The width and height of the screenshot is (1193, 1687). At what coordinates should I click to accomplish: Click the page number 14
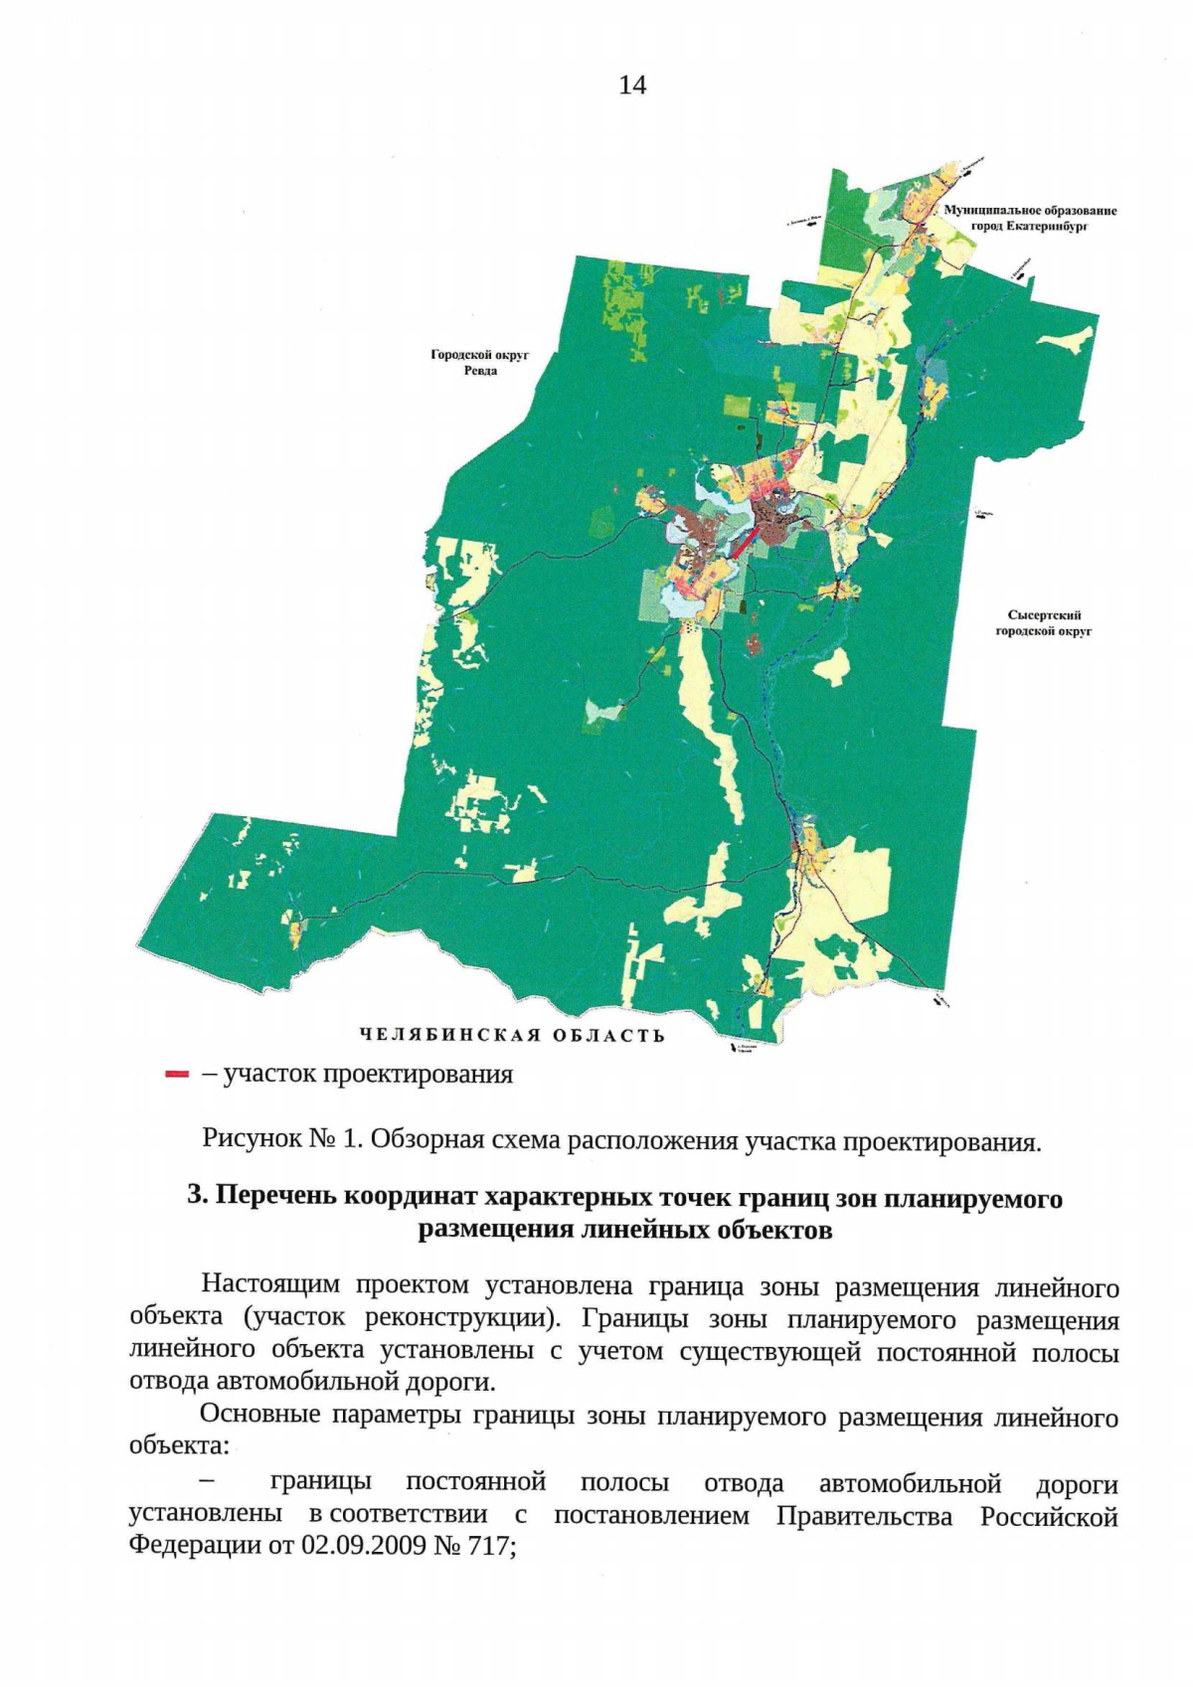tap(632, 85)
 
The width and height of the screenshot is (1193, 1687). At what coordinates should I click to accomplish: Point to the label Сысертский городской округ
tap(1044, 623)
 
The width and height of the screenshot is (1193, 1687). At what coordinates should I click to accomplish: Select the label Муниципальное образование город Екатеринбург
tap(1030, 218)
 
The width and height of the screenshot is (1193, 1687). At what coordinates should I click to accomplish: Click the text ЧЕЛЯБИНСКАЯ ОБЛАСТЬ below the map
tap(512, 1035)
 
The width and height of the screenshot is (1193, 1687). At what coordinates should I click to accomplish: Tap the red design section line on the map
tap(746, 543)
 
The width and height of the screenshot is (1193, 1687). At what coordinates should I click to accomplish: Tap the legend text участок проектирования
tap(368, 1075)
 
